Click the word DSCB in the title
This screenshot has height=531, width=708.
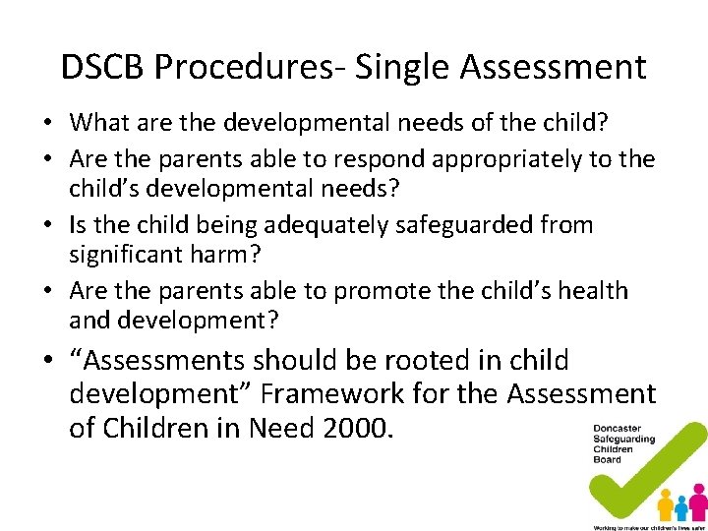click(x=102, y=67)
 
